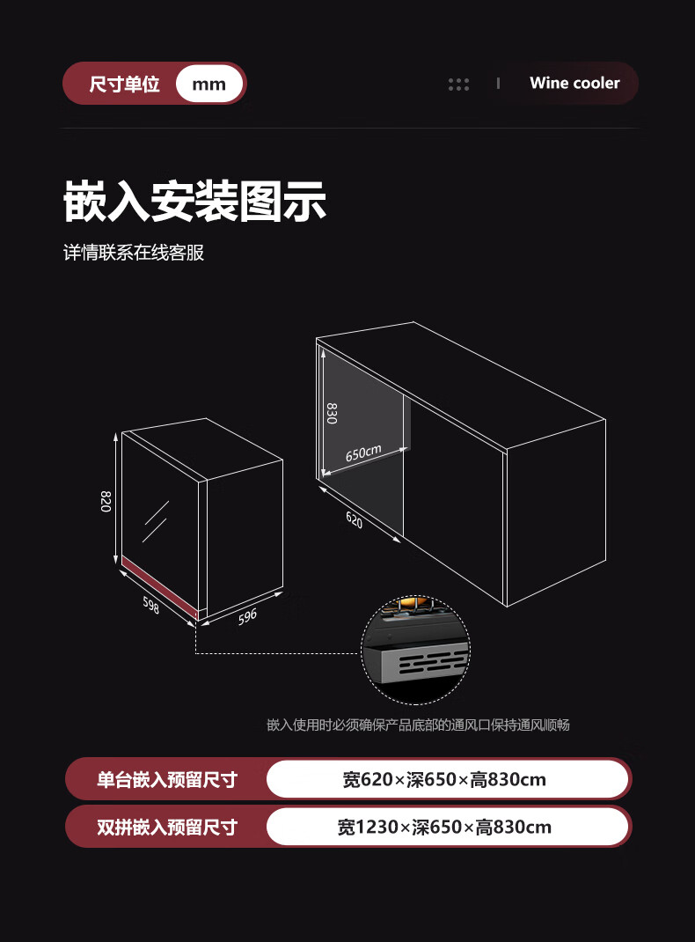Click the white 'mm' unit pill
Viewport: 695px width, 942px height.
tap(208, 84)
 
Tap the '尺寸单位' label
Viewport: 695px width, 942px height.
tap(124, 85)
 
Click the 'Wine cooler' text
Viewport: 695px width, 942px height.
tap(574, 83)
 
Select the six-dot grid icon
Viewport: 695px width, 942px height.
tap(458, 84)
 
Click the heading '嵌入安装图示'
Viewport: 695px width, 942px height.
tap(194, 201)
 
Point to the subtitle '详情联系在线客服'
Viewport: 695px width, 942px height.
tap(134, 253)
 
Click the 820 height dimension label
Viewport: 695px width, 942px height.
tap(106, 501)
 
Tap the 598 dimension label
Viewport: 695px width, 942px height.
tap(151, 605)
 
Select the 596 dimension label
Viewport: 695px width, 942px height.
tap(247, 615)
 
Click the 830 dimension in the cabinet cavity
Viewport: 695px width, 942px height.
tap(332, 413)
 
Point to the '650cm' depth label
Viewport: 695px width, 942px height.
tap(363, 453)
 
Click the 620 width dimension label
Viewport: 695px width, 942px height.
tap(354, 519)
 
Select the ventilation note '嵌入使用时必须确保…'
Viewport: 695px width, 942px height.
tap(418, 725)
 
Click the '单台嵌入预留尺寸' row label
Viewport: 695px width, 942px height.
tap(166, 779)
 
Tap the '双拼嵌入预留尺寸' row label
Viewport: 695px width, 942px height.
tap(166, 827)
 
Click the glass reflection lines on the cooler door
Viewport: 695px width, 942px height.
tap(156, 520)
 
